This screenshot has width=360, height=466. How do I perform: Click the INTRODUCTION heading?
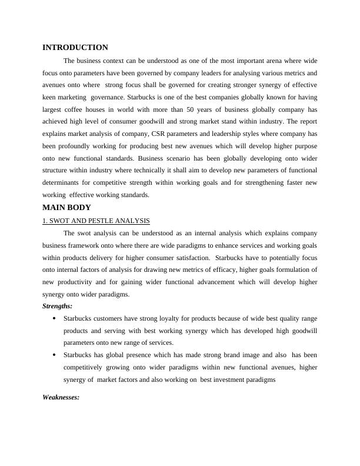coord(75,48)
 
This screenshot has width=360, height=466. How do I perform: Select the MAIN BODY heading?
coord(66,208)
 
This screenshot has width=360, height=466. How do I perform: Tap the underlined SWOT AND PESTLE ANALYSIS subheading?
coord(96,221)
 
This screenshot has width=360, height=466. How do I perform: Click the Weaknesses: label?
coord(61,397)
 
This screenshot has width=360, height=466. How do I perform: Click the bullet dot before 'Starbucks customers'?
coord(54,318)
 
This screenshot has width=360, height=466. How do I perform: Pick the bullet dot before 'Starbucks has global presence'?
coord(54,355)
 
